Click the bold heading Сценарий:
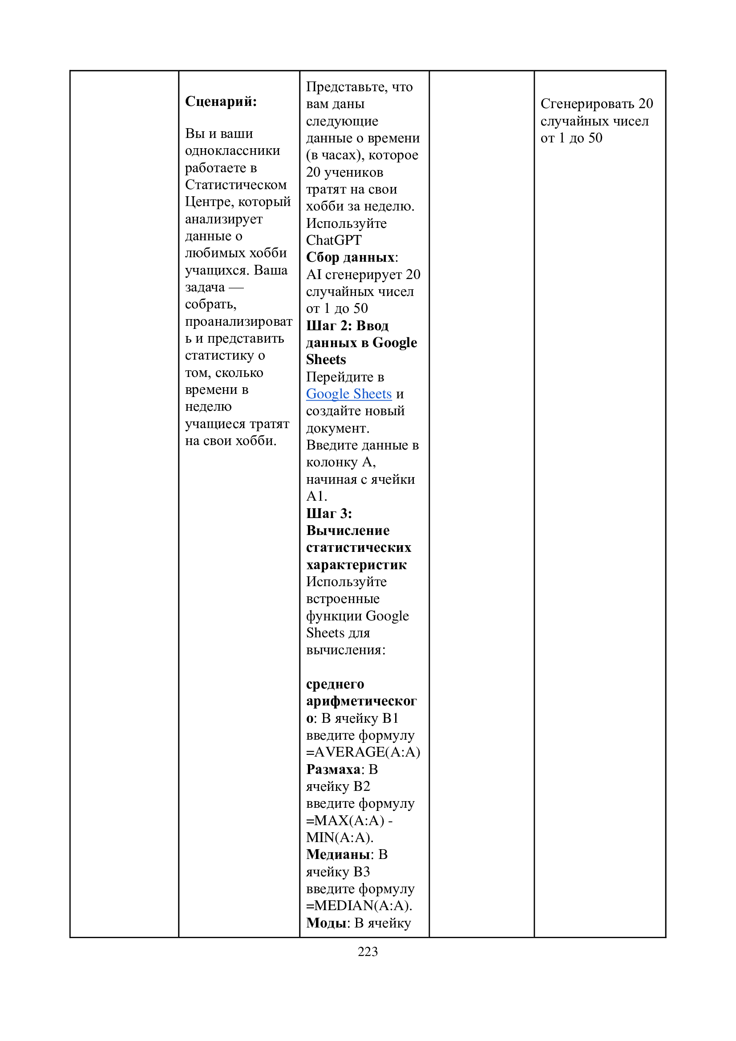coord(221,101)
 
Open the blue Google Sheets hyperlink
coord(348,393)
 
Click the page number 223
coord(368,951)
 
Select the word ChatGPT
coord(334,240)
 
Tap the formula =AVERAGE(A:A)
coord(363,752)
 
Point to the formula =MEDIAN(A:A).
coord(359,905)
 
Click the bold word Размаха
coord(333,769)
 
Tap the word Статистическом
coord(236,185)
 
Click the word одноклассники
coord(232,150)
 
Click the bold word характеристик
coord(356,564)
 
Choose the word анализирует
coord(224,219)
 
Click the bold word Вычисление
coord(348,530)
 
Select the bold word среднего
coord(335,684)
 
